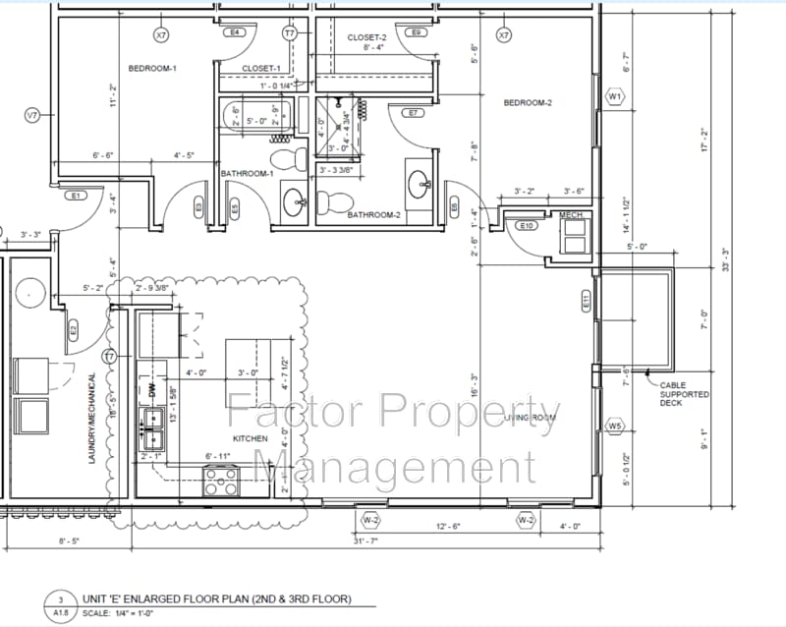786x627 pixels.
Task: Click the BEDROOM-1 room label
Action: click(x=152, y=68)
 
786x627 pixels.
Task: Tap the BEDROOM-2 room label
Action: click(x=528, y=103)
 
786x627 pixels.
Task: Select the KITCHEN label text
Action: click(x=250, y=438)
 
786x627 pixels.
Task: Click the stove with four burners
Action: click(x=221, y=481)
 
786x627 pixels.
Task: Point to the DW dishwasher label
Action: click(x=152, y=390)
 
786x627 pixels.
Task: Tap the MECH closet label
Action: click(x=571, y=214)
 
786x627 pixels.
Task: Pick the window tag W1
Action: click(x=615, y=97)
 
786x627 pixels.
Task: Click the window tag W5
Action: click(x=615, y=427)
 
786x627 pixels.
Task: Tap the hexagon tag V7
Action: click(x=32, y=116)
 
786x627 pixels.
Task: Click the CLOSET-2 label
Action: click(x=367, y=37)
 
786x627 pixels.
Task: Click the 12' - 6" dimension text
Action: click(x=448, y=527)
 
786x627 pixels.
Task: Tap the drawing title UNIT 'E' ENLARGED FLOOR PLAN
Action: click(x=215, y=598)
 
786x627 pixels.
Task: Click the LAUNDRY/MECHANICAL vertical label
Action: click(x=93, y=419)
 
